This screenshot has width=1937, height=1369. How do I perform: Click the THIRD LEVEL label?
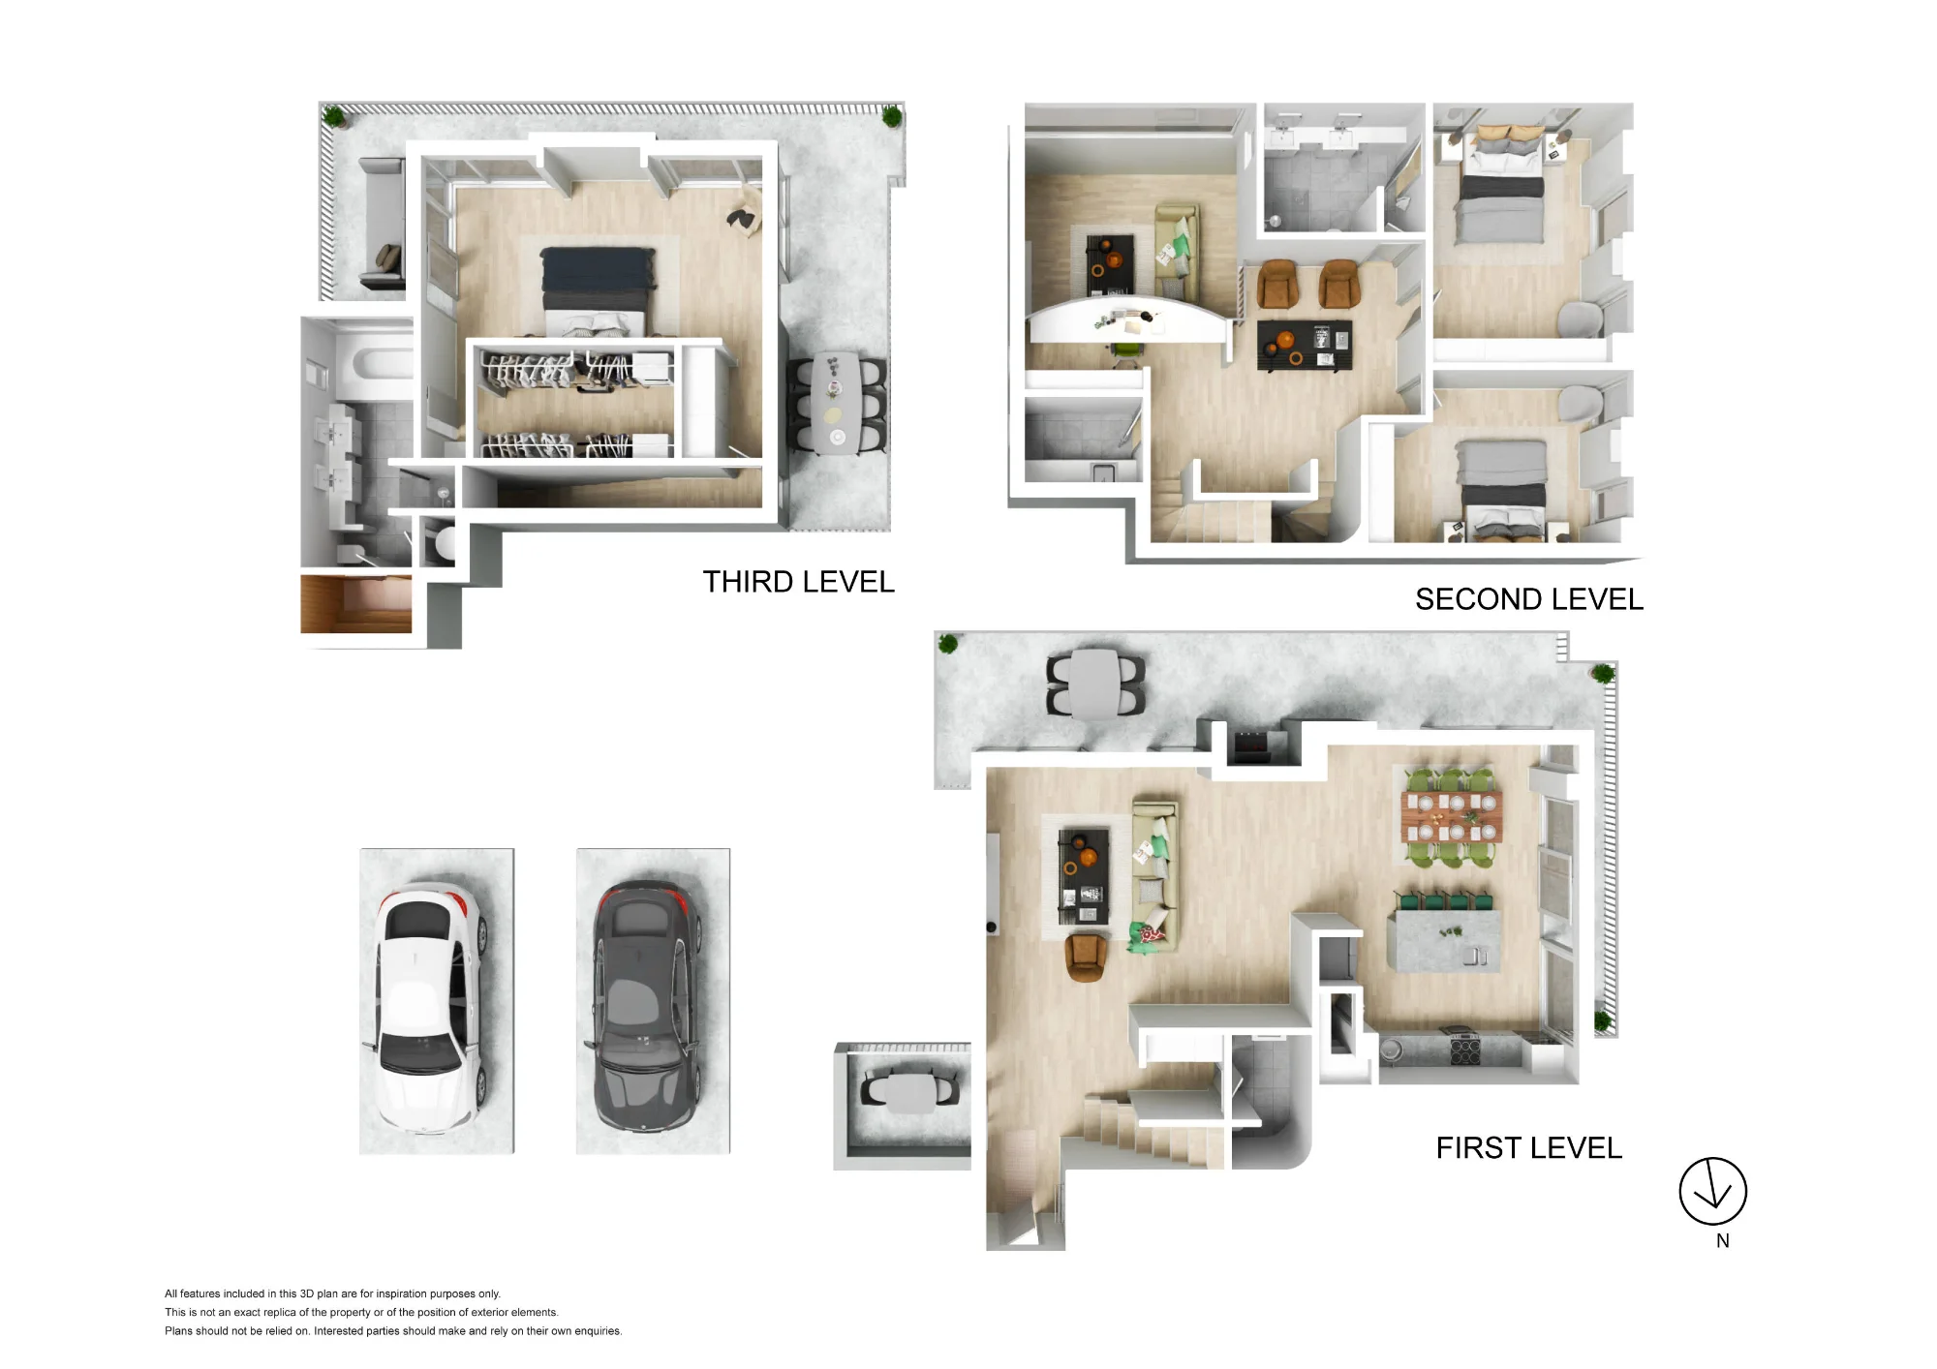click(798, 582)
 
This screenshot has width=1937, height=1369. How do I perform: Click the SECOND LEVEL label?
click(1529, 599)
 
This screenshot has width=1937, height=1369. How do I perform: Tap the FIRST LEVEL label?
click(1528, 1148)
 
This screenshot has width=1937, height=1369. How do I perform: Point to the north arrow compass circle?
click(1712, 1191)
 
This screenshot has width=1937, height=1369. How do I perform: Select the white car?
click(428, 1008)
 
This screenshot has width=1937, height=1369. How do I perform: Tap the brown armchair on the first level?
click(1087, 957)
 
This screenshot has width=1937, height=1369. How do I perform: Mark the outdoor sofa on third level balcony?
click(382, 225)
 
